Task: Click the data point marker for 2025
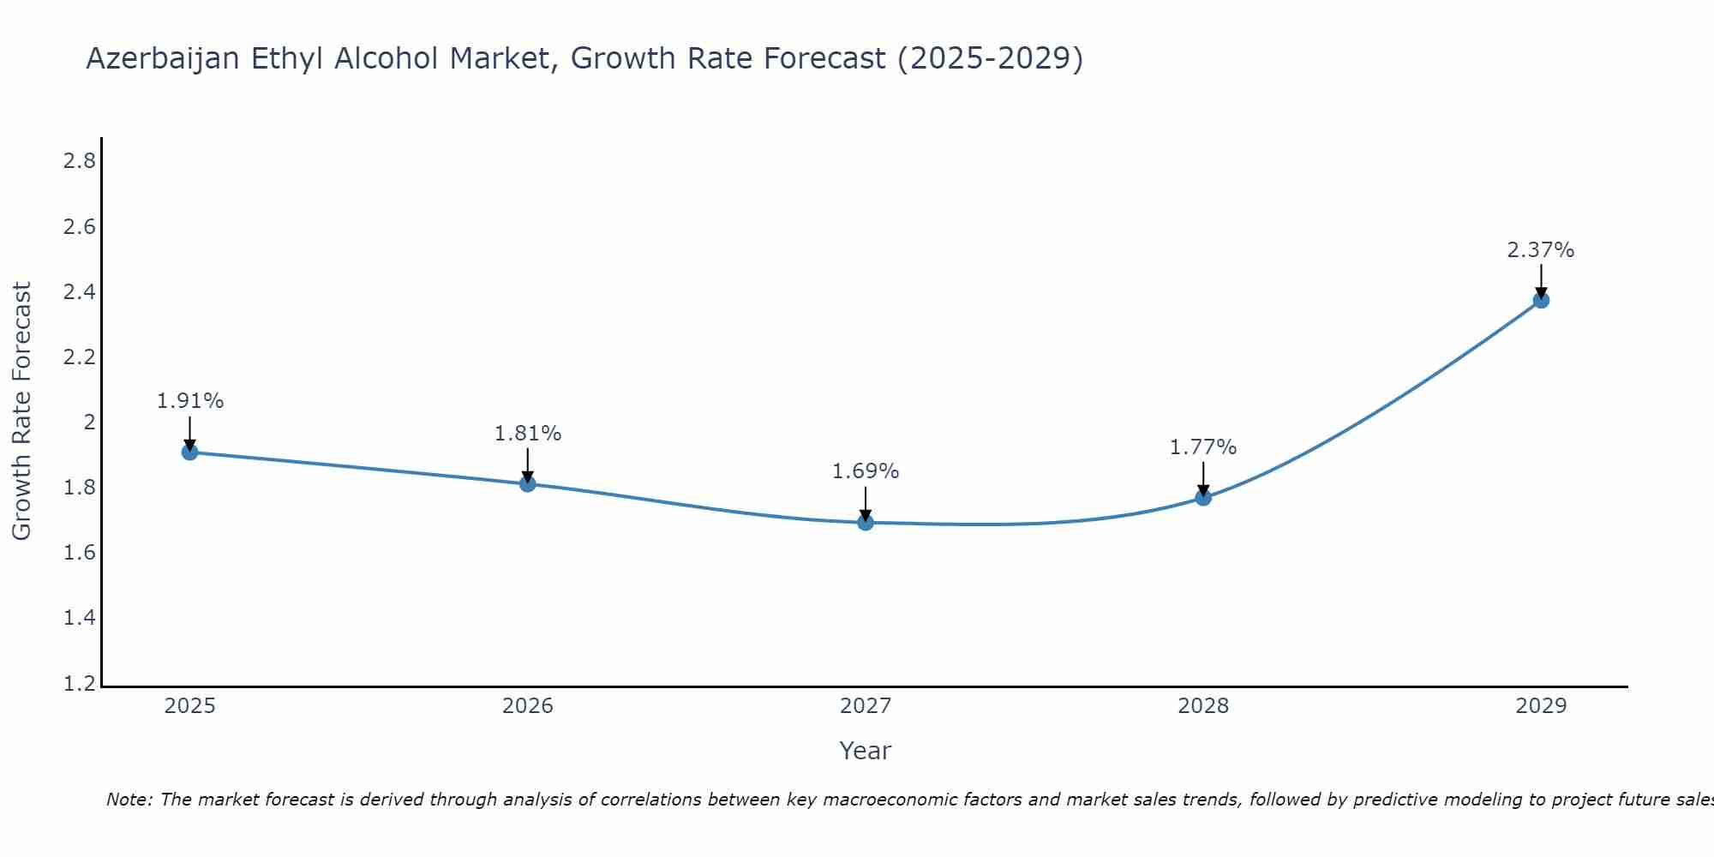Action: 190,452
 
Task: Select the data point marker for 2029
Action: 1541,300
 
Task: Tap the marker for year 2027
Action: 866,522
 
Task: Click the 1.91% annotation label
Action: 190,401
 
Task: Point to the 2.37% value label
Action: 1541,250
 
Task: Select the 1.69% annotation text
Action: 866,471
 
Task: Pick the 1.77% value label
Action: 1203,447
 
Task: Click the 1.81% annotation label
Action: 528,434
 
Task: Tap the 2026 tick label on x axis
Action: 528,706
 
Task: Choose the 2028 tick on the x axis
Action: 1203,706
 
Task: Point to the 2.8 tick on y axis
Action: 79,161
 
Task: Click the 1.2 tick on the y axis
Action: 79,684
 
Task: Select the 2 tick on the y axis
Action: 89,423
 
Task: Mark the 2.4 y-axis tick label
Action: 79,292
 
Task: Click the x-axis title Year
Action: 866,751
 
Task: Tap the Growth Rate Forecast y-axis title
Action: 22,411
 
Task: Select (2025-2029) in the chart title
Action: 990,59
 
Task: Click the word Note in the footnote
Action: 129,800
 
